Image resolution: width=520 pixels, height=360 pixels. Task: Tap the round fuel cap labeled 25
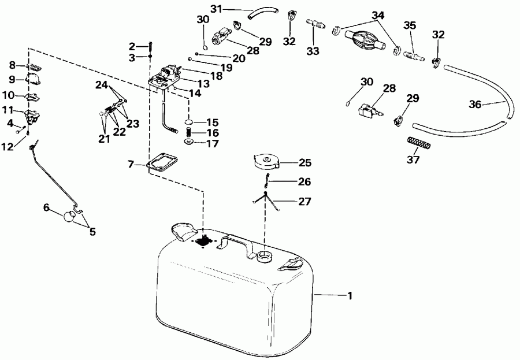pyautogui.click(x=266, y=161)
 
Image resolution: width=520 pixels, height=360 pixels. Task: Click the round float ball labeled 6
pyautogui.click(x=70, y=217)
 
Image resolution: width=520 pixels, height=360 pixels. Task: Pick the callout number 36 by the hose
pyautogui.click(x=475, y=105)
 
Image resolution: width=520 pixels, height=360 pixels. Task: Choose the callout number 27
pyautogui.click(x=304, y=201)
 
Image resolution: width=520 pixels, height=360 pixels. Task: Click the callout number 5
pyautogui.click(x=92, y=232)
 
